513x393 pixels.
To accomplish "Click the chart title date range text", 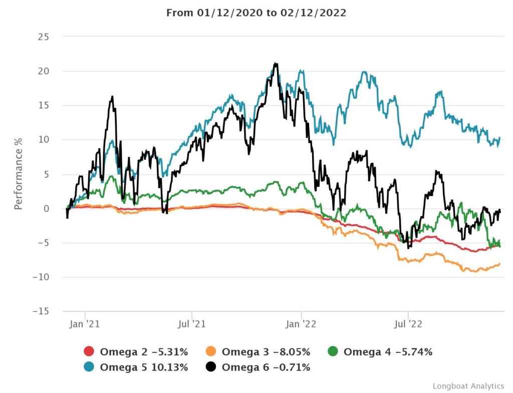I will click(x=256, y=13).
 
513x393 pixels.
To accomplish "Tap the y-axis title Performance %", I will click(x=18, y=174).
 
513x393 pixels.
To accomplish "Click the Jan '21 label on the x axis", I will click(x=85, y=324).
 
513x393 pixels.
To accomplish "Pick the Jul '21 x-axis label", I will click(x=192, y=324).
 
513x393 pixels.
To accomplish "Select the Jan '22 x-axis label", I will click(x=302, y=324).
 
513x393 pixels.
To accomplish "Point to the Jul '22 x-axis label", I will click(x=408, y=324).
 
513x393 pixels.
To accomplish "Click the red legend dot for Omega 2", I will click(x=89, y=352).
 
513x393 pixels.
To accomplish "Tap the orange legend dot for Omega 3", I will click(x=211, y=352).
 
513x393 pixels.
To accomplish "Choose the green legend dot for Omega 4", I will click(x=333, y=352).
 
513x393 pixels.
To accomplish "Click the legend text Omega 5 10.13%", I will click(x=144, y=367).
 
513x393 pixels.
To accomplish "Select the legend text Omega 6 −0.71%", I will click(x=266, y=367).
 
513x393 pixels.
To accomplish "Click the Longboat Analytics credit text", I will click(x=468, y=386).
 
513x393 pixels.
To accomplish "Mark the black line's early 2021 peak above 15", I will click(x=112, y=97).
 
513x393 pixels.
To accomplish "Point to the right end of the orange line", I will click(x=499, y=264).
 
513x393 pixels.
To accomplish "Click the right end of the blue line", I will click(x=499, y=138).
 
